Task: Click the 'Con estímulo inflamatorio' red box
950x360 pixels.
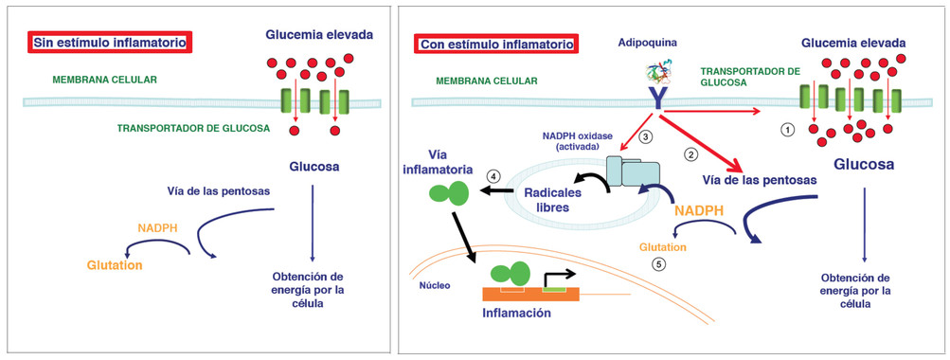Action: click(495, 44)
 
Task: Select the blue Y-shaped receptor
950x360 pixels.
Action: click(654, 101)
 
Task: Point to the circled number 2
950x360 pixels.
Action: click(690, 155)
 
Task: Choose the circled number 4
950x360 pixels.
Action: click(493, 175)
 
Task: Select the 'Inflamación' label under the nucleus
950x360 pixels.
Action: click(516, 314)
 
